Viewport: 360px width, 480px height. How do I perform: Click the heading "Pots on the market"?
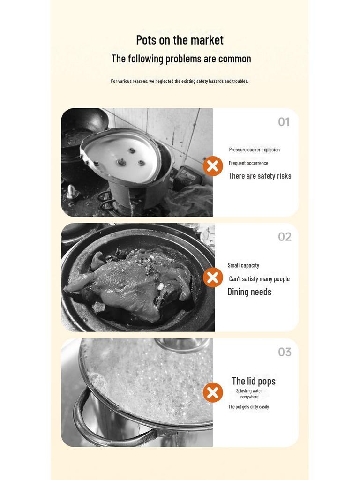[x=180, y=40]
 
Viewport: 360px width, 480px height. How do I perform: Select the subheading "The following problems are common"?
[x=181, y=59]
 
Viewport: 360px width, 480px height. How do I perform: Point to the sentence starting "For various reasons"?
[x=180, y=81]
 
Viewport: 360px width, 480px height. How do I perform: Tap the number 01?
[x=284, y=122]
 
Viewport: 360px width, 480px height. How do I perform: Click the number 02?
[x=285, y=237]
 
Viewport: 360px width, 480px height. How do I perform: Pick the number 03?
[x=285, y=352]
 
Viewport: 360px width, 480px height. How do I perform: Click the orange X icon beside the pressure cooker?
[x=213, y=166]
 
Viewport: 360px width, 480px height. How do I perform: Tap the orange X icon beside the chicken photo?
[x=213, y=277]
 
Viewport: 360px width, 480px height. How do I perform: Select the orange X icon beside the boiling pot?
[x=213, y=392]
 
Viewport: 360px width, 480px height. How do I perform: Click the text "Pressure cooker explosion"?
[x=255, y=150]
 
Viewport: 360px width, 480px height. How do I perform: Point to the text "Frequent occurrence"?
[x=248, y=163]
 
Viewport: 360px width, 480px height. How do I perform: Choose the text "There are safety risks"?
[x=260, y=176]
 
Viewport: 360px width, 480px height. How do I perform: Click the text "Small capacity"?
[x=243, y=265]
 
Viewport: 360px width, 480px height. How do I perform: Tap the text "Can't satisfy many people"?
[x=259, y=279]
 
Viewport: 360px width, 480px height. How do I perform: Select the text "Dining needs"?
[x=249, y=292]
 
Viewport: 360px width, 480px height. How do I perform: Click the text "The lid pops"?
[x=254, y=381]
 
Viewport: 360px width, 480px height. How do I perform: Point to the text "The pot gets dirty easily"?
[x=248, y=407]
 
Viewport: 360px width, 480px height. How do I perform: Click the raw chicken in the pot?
[x=132, y=283]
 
